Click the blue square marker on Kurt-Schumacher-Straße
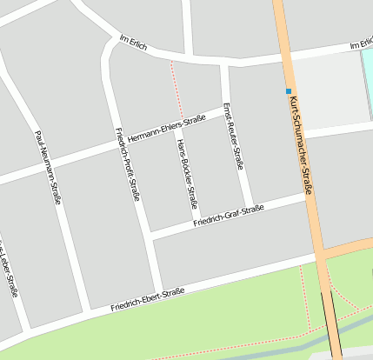(288, 90)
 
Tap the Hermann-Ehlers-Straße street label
(166, 127)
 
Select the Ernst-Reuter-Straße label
(232, 136)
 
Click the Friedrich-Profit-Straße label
(128, 163)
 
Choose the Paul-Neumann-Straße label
(48, 167)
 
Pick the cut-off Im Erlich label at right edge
(360, 44)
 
